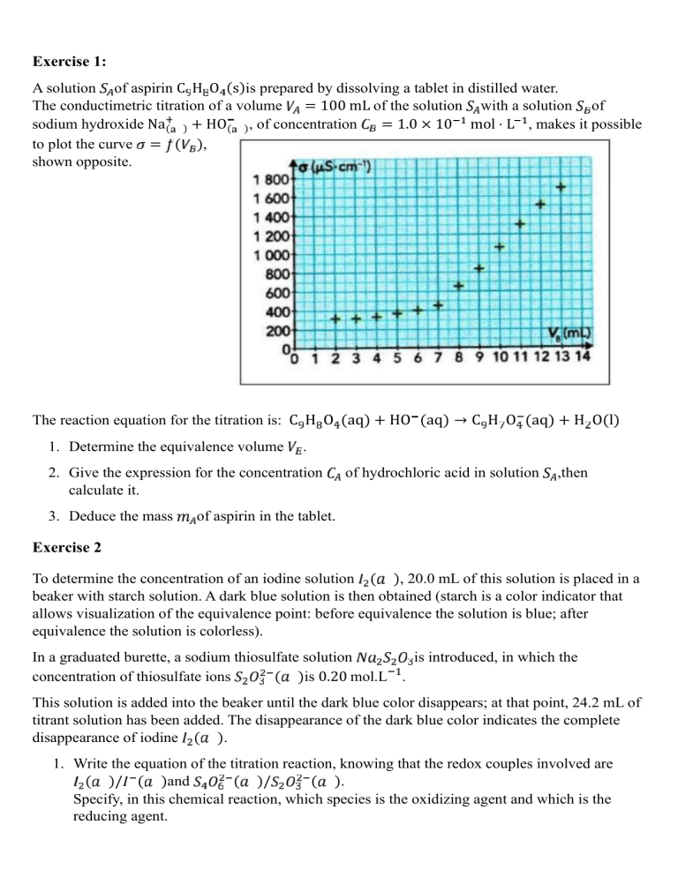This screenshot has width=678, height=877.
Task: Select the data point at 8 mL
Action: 459,285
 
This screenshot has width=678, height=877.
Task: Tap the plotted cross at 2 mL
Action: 335,319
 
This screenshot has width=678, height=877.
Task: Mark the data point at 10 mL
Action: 500,246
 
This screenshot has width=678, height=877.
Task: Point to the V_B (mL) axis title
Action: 569,334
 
